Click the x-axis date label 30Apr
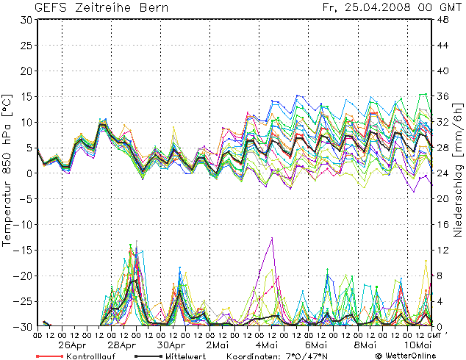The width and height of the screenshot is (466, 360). pos(171,344)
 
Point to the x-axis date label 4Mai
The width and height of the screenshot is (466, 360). pos(267,344)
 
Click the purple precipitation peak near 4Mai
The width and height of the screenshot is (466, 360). pos(273,238)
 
